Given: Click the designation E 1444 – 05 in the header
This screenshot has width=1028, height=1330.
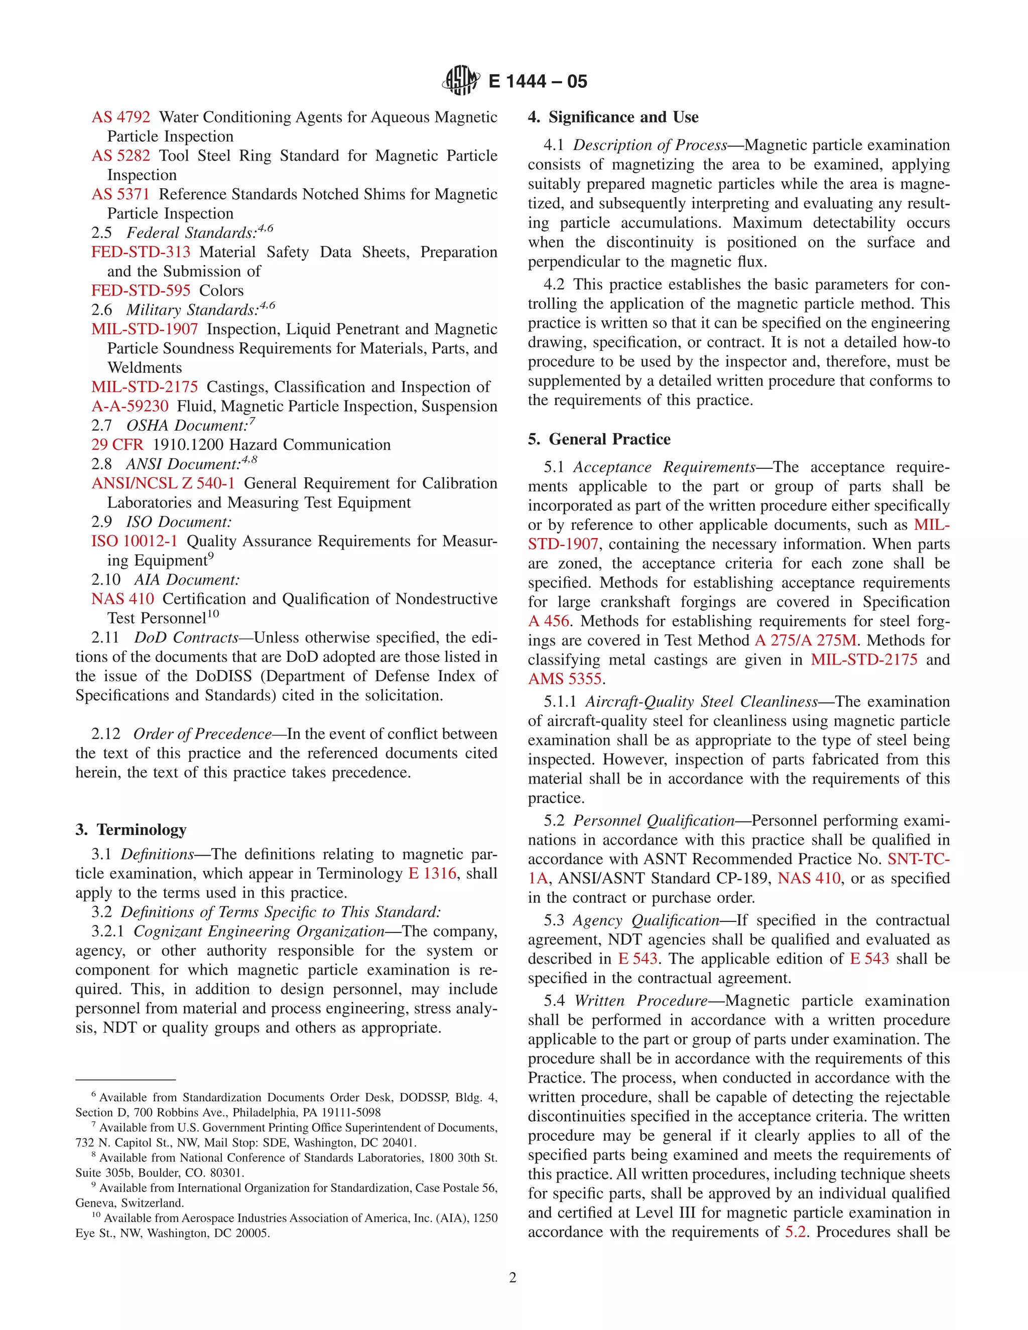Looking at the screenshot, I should point(538,82).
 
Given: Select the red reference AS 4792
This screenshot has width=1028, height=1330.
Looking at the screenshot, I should point(120,117).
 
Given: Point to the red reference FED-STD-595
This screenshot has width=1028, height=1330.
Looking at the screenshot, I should point(141,291).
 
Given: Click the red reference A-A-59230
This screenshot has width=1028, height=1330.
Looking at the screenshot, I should point(130,406).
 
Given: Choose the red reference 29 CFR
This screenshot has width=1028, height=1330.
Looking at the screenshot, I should point(117,445).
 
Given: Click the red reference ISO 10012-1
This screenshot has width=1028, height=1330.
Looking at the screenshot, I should point(135,542).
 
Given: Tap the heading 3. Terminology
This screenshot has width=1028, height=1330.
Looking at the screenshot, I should point(131,830).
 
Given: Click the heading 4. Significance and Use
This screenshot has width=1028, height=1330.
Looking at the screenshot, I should point(613,117).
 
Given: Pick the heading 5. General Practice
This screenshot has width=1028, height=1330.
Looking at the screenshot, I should point(599,439).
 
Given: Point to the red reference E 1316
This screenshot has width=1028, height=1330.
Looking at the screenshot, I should point(432,874).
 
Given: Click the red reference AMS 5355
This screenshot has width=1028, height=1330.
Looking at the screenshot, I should point(565,679).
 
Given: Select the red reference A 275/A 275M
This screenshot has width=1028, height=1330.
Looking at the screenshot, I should point(805,640).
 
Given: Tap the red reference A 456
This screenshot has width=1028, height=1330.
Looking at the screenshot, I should point(548,621).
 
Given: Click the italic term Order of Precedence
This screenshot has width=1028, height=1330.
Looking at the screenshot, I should point(202,734).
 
